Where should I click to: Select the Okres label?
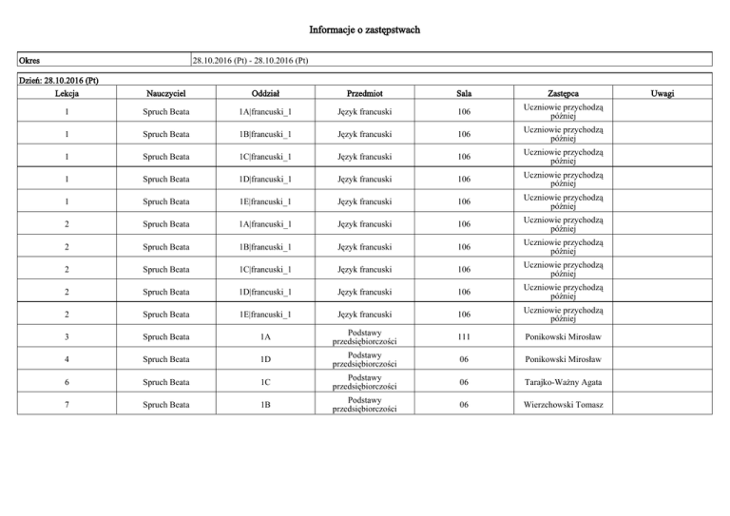pyautogui.click(x=37, y=62)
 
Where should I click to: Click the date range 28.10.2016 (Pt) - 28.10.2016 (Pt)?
pyautogui.click(x=249, y=62)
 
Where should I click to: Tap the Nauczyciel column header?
pyautogui.click(x=166, y=94)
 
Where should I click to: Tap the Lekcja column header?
pyautogui.click(x=67, y=94)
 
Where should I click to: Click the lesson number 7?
pyautogui.click(x=67, y=406)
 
